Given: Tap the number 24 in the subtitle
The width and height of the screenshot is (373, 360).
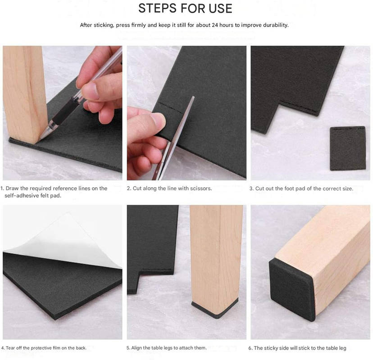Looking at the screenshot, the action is [x=215, y=25].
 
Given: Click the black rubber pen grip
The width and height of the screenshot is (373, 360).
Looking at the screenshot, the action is [x=66, y=111].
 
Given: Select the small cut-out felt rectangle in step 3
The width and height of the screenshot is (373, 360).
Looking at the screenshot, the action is [x=347, y=148].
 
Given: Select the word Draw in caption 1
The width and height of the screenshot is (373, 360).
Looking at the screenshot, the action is [x=12, y=188].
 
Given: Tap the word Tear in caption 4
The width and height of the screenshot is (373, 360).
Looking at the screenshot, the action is [x=10, y=348].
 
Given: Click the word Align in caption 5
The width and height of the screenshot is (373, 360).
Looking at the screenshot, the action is [x=136, y=348].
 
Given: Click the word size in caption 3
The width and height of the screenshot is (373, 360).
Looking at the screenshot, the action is [x=348, y=189].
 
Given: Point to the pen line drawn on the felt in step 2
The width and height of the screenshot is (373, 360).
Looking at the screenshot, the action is [x=170, y=107].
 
